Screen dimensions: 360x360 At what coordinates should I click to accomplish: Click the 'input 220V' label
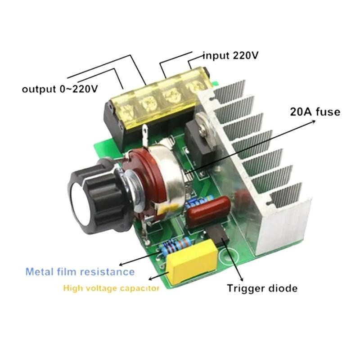tap(230, 55)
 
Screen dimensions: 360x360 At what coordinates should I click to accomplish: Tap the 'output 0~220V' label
tap(60, 89)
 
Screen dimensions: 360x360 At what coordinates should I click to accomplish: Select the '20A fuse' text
tap(315, 112)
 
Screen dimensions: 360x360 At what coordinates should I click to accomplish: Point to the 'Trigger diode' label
tap(262, 288)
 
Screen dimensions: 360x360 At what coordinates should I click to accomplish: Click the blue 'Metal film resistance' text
tap(80, 272)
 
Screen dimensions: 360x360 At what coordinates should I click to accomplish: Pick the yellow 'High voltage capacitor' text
tap(111, 288)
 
